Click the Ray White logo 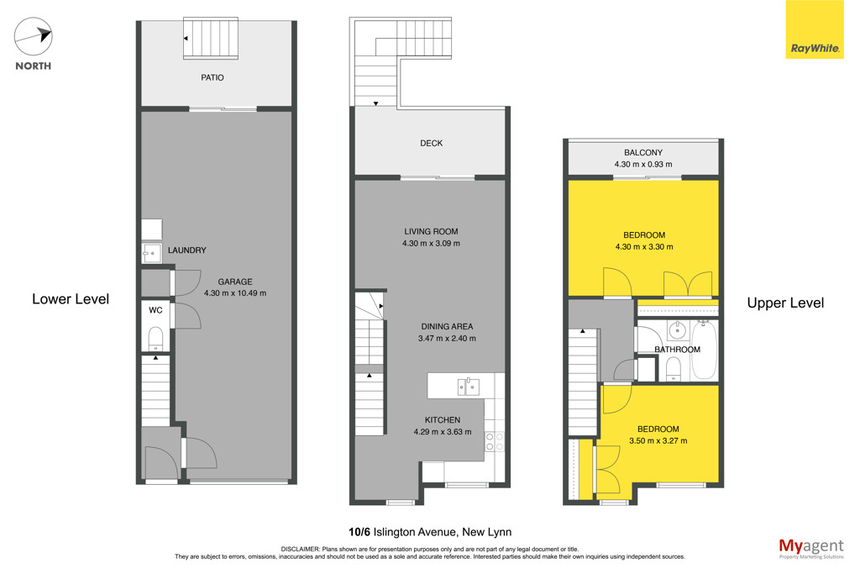pos(815,29)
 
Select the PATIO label pos(212,78)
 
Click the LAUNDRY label pos(187,250)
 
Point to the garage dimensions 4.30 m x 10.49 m pos(235,293)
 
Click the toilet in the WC pos(155,340)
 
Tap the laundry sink pos(151,254)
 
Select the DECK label pos(431,143)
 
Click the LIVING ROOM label pos(431,232)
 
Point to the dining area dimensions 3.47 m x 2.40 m pos(447,339)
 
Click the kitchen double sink pos(469,387)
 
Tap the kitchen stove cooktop pos(494,442)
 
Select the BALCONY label pos(643,153)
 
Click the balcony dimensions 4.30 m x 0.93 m pos(643,164)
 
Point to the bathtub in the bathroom pos(705,350)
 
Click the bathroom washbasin pos(678,330)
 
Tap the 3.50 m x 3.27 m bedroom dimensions pos(658,440)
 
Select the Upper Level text pos(785,303)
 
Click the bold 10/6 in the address pos(359,532)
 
